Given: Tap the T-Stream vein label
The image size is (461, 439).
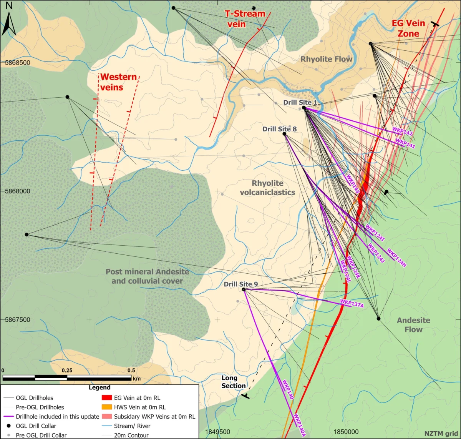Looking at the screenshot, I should point(245,18).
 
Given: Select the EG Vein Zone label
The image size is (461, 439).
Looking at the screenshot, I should point(408,28).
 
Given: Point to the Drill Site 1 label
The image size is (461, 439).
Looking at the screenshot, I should point(300,103).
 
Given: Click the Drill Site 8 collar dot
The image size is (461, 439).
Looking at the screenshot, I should point(284,134).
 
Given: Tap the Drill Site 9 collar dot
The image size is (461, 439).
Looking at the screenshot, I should point(244,289).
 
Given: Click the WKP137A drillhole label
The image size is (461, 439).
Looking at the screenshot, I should point(352,303).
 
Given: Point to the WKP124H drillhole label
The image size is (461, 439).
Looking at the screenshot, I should point(396,258).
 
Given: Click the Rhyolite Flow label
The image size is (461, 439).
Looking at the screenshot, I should point(326,59).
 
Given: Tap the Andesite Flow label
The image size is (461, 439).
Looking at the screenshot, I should point(413,325).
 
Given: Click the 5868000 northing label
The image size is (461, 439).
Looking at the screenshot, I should point(15,191).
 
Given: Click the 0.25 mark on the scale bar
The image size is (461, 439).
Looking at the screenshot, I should point(67,371).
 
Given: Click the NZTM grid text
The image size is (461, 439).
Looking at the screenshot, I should point(441,434).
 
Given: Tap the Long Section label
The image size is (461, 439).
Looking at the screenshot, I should point(233,382).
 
